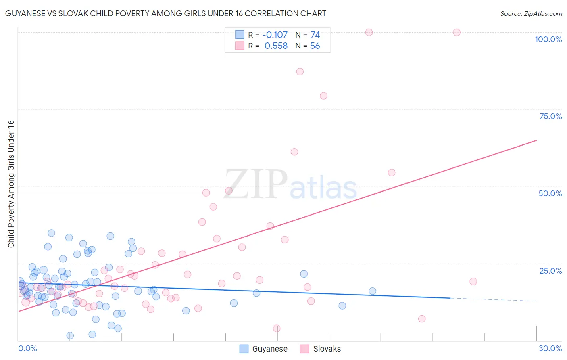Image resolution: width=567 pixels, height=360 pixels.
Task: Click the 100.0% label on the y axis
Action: click(x=548, y=39)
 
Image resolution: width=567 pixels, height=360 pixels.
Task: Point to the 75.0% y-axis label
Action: click(x=550, y=116)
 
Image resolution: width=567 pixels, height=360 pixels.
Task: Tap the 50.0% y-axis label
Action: click(x=550, y=193)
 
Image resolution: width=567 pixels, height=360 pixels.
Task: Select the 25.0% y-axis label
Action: click(x=550, y=271)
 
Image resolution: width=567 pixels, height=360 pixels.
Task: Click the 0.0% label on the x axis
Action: click(x=27, y=348)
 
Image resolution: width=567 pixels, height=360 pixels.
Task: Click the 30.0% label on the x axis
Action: click(x=550, y=348)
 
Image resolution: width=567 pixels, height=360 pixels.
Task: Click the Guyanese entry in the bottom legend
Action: click(x=269, y=349)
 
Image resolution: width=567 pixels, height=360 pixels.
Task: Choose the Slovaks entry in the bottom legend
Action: click(x=327, y=349)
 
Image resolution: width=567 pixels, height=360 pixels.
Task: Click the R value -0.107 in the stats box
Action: click(x=275, y=35)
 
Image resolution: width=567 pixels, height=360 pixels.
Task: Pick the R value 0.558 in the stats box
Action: click(x=276, y=46)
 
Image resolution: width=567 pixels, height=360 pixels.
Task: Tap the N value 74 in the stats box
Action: click(x=315, y=35)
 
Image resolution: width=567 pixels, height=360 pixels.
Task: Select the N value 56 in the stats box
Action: click(x=315, y=46)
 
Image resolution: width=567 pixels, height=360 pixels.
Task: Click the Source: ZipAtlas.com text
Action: click(x=531, y=14)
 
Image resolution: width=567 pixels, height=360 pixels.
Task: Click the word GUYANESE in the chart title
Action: click(x=25, y=14)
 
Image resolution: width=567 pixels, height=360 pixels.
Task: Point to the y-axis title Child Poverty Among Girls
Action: click(x=11, y=184)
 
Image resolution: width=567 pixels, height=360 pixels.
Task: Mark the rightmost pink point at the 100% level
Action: click(x=457, y=32)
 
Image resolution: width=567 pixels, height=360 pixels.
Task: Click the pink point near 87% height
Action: click(x=300, y=71)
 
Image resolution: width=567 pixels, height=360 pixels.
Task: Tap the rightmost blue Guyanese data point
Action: click(x=372, y=291)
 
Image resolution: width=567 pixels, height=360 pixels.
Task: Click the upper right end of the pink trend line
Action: click(x=536, y=140)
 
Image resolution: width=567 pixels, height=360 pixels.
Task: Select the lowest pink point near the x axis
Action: click(x=277, y=328)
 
